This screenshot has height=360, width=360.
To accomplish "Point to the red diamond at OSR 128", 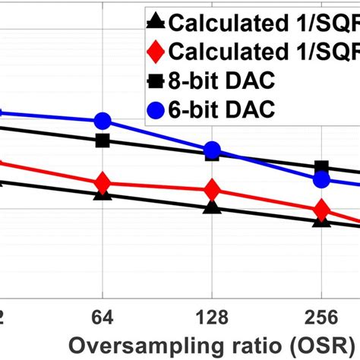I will tap(213, 190).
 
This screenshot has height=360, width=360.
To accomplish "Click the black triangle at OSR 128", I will tap(213, 207).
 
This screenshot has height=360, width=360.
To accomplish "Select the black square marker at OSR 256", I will tap(321, 167).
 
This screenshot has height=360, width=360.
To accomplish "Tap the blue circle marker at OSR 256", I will tap(321, 179).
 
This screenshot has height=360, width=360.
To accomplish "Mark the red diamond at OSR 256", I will tap(321, 210).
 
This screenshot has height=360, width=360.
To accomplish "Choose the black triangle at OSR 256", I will tap(321, 221).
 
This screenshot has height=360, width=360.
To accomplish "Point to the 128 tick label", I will tap(213, 315).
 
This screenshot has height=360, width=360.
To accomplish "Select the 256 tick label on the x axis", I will tap(321, 315).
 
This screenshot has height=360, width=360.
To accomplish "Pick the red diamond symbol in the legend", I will tap(154, 52).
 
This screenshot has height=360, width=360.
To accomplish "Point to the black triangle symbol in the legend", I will tap(154, 24).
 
